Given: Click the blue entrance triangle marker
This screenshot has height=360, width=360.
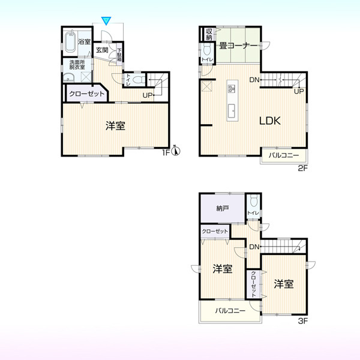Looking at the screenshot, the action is (106, 20).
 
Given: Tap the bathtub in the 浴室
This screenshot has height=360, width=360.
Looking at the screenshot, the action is (70, 41).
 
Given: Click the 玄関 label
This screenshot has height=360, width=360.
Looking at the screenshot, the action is (102, 50).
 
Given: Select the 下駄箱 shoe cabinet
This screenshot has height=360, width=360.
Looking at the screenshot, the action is (119, 55).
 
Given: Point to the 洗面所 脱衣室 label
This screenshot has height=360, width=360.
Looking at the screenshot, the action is (77, 65).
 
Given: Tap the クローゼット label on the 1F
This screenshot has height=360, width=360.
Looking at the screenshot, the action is (86, 94).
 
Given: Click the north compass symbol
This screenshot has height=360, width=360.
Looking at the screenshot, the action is (176, 151).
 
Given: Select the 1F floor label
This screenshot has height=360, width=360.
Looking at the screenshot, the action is (166, 152).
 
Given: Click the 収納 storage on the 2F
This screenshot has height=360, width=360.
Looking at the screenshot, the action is (209, 34).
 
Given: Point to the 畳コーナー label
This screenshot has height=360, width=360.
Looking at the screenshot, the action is (238, 46).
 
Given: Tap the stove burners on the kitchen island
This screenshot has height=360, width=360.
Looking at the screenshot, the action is (232, 89).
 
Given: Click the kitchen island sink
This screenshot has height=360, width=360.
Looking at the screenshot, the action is (232, 110).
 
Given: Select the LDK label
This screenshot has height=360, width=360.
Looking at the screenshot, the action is (270, 121).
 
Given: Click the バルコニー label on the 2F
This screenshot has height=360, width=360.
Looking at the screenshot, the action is (284, 155).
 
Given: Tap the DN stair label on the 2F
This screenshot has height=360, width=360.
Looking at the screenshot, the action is (254, 80).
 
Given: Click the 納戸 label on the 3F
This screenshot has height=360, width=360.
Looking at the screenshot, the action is (223, 208).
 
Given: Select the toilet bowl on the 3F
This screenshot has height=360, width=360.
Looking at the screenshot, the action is (254, 200).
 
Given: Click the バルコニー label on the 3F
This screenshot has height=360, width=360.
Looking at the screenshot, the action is (230, 311).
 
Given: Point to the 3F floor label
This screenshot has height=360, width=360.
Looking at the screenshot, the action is (303, 321).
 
